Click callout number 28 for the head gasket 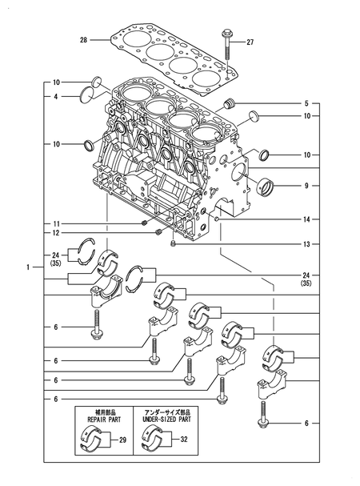click(x=84, y=40)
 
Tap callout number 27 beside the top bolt click(x=250, y=42)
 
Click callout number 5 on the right click(x=306, y=103)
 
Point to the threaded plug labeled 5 click(x=230, y=104)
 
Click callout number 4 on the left click(x=56, y=97)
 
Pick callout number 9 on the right click(x=306, y=186)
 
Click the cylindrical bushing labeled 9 click(x=266, y=187)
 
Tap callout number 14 click(x=306, y=219)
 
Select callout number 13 click(x=306, y=244)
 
